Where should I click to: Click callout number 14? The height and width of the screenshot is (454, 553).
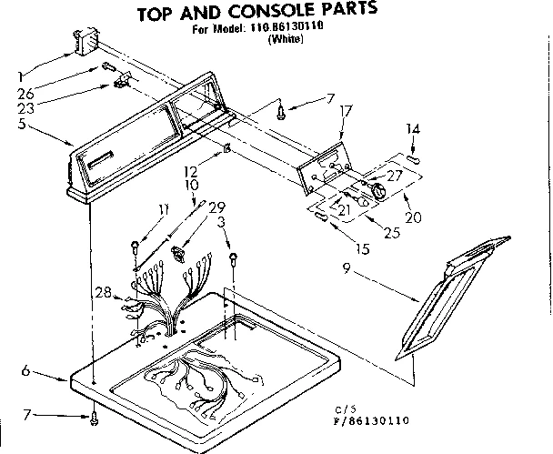coord(413,130)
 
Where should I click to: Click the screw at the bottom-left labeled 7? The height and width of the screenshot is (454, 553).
coord(94,418)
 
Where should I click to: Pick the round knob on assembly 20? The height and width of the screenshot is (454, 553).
coord(376,191)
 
